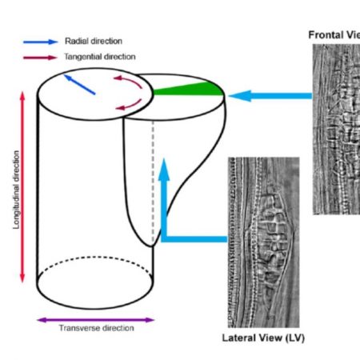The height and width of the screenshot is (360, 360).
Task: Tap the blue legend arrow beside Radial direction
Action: tap(39, 41)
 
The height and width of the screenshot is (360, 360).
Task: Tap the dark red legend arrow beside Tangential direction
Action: tap(39, 57)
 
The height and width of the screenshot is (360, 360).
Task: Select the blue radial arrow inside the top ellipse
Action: tap(79, 85)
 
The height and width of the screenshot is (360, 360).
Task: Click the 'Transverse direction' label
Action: tap(94, 328)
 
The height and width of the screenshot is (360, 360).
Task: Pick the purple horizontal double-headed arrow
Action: tap(95, 318)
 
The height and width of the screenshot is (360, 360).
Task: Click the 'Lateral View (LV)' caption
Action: tap(262, 338)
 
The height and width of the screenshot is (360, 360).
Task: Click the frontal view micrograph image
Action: tap(335, 128)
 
